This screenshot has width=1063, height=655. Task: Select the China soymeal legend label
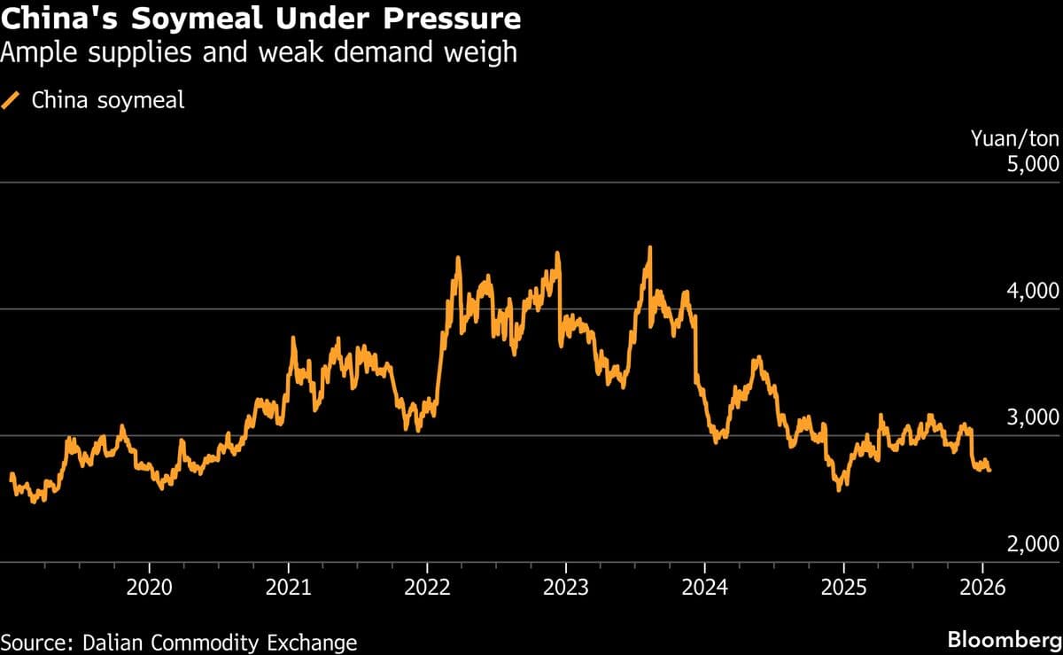coord(108,100)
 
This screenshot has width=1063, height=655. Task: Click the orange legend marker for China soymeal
coord(12,100)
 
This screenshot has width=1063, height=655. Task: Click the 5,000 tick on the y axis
coord(1033,165)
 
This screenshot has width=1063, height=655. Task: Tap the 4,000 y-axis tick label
coord(1033,292)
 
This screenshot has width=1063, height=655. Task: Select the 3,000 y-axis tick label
coord(1033,417)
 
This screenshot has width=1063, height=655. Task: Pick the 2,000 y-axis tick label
coord(1033,544)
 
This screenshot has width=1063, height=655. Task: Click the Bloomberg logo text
coord(1004,640)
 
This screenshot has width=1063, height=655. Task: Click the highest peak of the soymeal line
coord(649,248)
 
